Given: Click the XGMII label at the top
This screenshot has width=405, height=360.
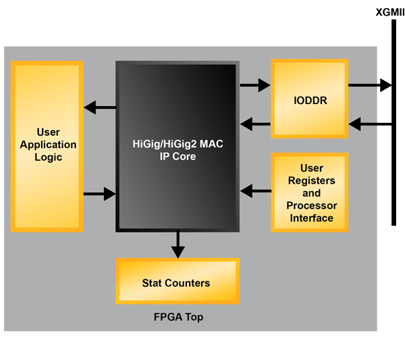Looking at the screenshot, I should coord(390,12).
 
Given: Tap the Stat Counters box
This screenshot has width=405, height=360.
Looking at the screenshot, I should coord(177,283).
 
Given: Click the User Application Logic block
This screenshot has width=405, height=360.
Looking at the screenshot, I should coord(47,146).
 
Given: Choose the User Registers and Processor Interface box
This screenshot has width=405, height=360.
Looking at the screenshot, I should coord(310,192).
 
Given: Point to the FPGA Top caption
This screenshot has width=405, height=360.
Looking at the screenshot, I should coord(177,317).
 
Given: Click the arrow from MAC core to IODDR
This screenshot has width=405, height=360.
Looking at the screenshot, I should coord(255,85).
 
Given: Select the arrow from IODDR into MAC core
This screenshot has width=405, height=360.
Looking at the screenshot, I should coord(255,124).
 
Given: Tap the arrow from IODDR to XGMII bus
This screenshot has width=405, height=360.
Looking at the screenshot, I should coord(369,85).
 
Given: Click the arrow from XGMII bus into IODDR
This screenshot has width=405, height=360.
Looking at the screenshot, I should coord(369,124).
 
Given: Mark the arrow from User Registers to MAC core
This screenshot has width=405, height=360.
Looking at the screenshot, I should coord(255,190).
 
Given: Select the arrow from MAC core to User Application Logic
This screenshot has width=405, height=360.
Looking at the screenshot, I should coord(99,107).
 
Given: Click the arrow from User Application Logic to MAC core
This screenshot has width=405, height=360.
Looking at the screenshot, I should coord(99,195).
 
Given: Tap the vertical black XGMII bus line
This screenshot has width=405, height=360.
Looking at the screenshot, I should coord(393,169).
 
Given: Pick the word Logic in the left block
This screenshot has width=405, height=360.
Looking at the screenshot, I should coord(48,157).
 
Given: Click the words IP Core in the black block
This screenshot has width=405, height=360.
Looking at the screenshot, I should coord(177,156).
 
